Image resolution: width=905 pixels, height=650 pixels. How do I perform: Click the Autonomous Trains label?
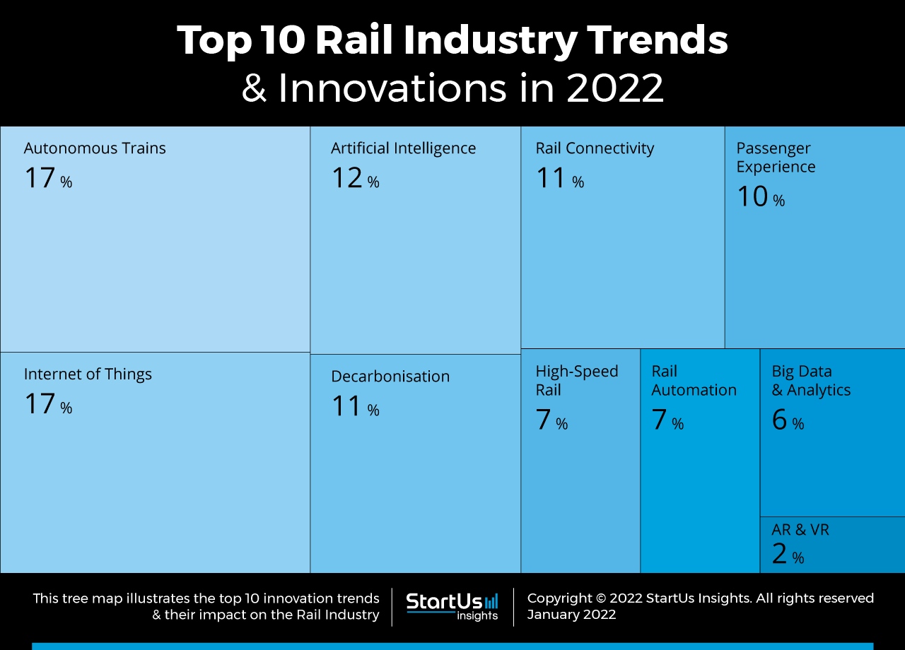click(95, 148)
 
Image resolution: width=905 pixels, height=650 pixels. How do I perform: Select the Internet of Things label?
click(88, 374)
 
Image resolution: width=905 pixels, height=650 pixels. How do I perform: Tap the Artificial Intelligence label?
click(403, 148)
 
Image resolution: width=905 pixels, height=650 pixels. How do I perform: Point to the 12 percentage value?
click(355, 178)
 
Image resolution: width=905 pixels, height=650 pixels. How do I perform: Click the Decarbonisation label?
click(390, 377)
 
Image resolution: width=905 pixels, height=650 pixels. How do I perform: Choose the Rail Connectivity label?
click(595, 148)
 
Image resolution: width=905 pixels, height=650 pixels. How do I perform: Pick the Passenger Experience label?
click(776, 158)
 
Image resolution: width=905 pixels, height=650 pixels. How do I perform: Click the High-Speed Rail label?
click(576, 380)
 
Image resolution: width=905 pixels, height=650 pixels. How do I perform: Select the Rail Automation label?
click(694, 380)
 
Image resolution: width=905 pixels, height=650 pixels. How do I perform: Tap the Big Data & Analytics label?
click(811, 380)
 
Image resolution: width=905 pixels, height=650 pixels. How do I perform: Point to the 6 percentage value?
click(787, 420)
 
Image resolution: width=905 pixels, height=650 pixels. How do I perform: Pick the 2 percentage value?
click(787, 555)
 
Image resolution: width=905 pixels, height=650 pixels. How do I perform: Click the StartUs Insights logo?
click(452, 606)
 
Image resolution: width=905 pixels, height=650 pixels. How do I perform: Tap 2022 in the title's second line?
click(615, 88)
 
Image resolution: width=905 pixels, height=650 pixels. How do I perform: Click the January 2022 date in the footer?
click(571, 615)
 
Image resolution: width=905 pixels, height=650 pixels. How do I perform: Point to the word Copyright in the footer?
click(559, 598)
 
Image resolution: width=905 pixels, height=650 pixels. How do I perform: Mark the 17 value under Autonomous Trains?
click(47, 178)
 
